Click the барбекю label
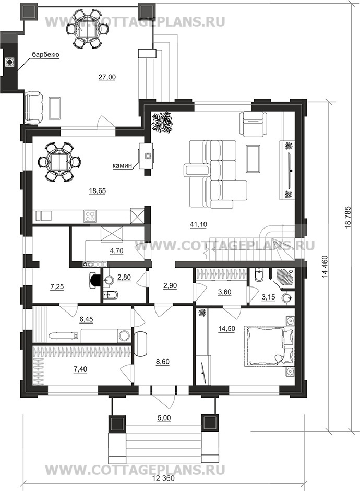[45, 55]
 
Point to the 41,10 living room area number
[198, 224]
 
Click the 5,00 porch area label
[163, 418]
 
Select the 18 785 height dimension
[350, 218]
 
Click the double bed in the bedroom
[269, 346]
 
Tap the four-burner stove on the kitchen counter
[90, 215]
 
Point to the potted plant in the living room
[162, 123]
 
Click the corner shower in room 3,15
[282, 279]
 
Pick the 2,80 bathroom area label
[124, 277]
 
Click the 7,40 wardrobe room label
[80, 369]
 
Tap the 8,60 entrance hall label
[163, 362]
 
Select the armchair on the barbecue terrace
[34, 107]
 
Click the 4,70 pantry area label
[116, 250]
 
